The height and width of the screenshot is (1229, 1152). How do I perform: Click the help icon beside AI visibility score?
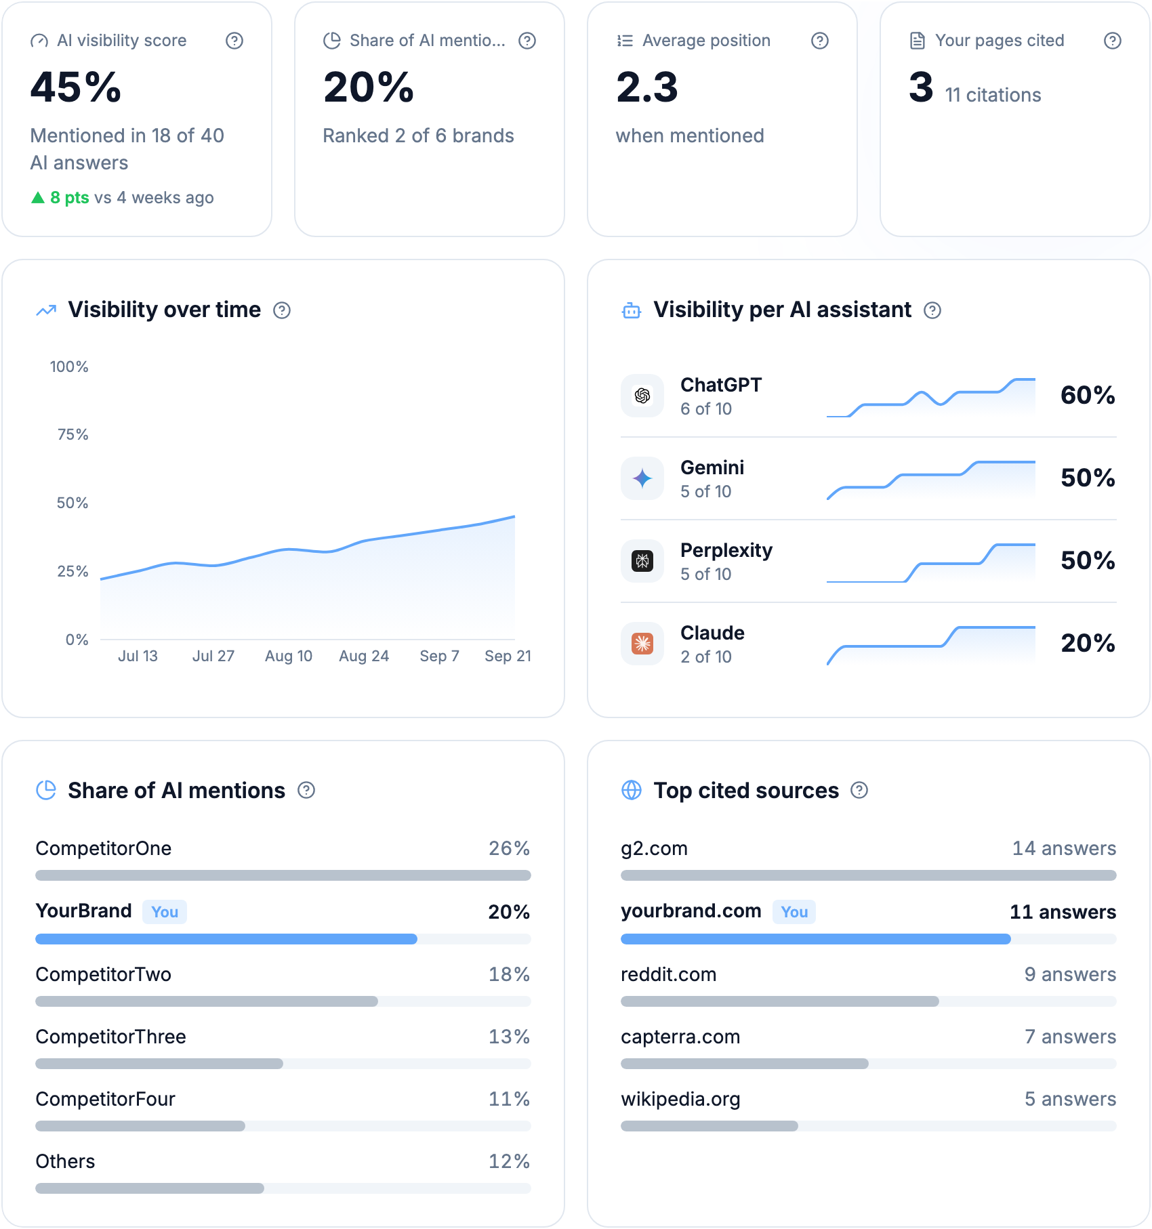point(234,41)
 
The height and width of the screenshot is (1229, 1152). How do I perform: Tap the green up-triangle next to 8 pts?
point(38,197)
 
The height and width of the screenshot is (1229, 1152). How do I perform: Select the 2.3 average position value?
point(647,87)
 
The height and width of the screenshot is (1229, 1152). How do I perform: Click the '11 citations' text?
point(993,95)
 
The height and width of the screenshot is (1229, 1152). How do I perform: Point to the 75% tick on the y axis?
point(73,434)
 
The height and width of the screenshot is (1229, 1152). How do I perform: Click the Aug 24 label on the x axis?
point(364,656)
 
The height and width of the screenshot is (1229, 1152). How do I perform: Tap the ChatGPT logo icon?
point(642,396)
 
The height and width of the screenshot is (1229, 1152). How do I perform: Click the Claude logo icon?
point(642,644)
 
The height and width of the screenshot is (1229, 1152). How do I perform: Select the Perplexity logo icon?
point(642,561)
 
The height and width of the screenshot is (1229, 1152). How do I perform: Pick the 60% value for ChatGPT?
point(1088,395)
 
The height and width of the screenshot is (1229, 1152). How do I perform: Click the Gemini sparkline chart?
point(931,480)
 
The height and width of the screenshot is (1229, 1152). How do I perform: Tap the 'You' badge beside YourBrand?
point(165,912)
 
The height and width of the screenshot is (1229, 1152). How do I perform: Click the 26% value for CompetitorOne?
point(510,848)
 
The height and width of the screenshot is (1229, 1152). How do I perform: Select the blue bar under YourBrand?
point(226,939)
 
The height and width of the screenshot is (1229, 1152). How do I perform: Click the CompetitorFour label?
point(105,1099)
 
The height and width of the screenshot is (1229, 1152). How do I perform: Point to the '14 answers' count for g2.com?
point(1064,848)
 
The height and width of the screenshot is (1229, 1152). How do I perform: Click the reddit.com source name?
point(668,974)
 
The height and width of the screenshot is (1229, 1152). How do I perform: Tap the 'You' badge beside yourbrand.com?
point(794,912)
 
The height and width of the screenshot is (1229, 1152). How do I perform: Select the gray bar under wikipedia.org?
point(709,1126)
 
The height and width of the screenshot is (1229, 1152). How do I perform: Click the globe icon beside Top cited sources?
point(632,790)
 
